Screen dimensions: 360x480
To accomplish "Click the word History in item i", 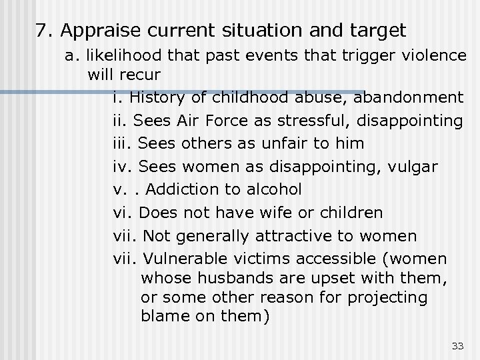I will point(155,97).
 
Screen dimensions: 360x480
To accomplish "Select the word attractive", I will point(307,235).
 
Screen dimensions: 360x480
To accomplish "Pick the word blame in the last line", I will point(161,316).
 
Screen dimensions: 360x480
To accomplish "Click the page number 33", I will point(457,345).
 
